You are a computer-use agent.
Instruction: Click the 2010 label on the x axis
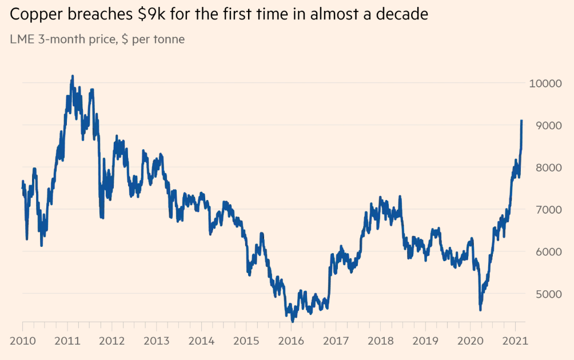click(22, 341)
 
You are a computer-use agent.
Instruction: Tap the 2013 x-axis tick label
click(156, 341)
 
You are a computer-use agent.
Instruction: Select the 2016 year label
click(290, 341)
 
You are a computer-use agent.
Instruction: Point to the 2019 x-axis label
click(425, 341)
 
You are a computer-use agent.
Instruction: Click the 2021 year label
click(515, 341)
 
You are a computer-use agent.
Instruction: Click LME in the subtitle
click(22, 39)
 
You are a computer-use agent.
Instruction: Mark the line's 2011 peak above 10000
click(72, 76)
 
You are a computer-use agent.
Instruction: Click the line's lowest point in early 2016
click(292, 322)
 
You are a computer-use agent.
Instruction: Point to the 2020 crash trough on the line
click(480, 310)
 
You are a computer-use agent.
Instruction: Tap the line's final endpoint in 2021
click(521, 121)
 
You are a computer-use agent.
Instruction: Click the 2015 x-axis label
click(246, 341)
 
